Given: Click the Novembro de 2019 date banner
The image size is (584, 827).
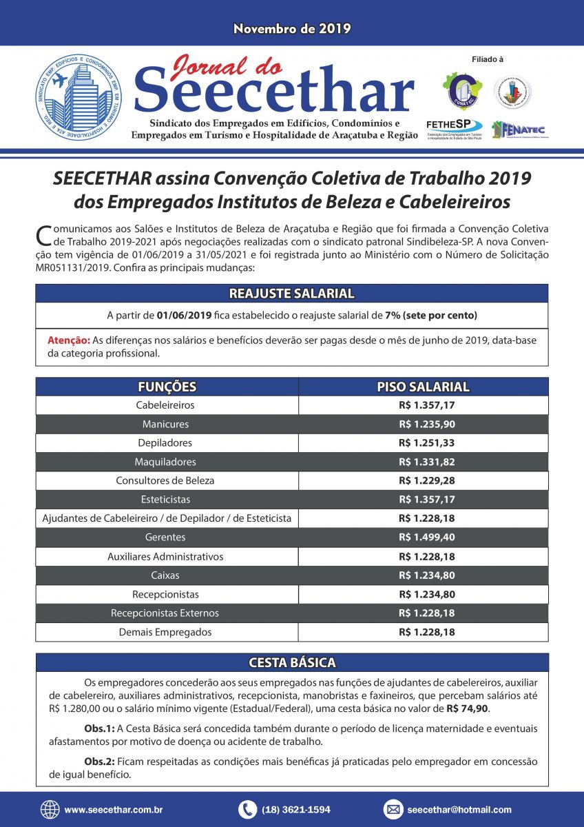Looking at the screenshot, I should (x=292, y=29).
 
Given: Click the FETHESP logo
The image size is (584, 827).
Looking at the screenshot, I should (x=455, y=127).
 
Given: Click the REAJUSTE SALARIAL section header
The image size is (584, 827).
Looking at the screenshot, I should (x=292, y=294).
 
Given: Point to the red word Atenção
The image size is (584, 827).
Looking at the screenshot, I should (x=68, y=340).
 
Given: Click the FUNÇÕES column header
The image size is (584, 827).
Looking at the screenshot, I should (x=167, y=387).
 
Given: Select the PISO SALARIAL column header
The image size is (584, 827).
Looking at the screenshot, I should (x=423, y=387).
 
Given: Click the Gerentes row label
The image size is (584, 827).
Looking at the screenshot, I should (x=165, y=538).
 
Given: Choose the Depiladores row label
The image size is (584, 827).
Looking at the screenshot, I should (x=165, y=443).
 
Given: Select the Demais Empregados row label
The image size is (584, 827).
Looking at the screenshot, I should (x=165, y=632).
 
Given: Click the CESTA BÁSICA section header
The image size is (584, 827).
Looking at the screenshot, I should (x=292, y=663).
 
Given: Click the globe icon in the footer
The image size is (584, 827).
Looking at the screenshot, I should (x=50, y=810).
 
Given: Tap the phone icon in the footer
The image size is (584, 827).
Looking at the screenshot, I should (x=247, y=810).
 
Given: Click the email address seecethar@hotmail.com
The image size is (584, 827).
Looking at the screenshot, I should (x=459, y=810).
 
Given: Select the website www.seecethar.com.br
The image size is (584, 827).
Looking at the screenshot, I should (x=113, y=810).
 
